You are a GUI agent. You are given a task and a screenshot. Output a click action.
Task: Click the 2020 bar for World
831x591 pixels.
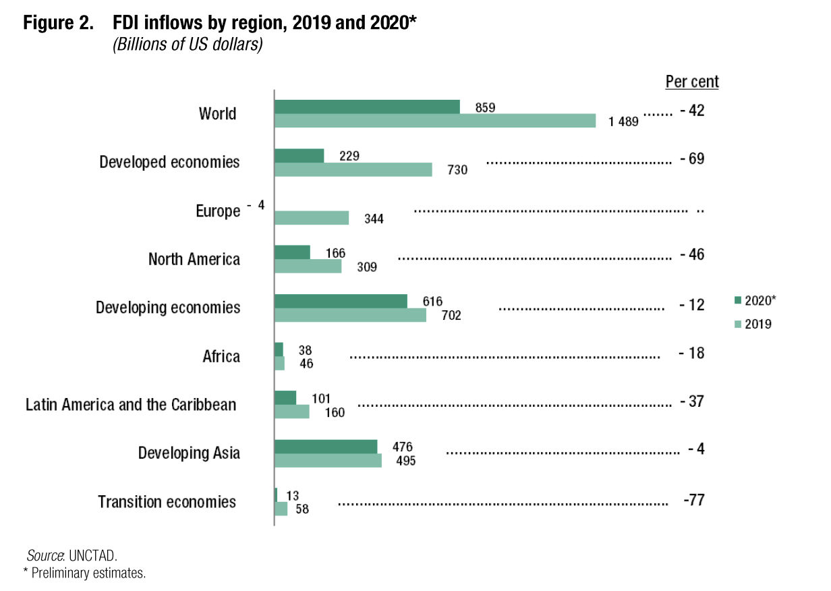(367, 107)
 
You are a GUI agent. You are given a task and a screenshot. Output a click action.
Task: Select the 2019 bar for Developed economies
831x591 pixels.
(353, 169)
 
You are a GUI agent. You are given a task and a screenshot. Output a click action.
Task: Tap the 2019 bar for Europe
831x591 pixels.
(312, 218)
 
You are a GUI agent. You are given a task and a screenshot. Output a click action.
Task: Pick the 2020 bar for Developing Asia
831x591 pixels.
(326, 447)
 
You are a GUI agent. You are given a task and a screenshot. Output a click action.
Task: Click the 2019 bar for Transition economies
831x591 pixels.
(281, 509)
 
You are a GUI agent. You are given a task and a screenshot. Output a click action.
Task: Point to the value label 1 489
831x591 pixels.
(623, 122)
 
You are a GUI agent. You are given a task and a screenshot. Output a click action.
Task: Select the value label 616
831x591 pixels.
(432, 302)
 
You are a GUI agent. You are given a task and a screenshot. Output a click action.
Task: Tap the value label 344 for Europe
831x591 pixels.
(373, 219)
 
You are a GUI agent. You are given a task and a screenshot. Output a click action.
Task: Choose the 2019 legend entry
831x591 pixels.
(754, 324)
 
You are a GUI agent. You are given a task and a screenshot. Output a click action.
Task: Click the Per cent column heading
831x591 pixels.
(692, 82)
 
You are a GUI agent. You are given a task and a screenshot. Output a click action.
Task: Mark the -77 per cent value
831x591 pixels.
(694, 501)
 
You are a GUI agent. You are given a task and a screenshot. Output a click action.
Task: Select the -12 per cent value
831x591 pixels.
(693, 305)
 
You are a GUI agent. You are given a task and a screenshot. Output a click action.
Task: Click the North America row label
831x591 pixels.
(194, 260)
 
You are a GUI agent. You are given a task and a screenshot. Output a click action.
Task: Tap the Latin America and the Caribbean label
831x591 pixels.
(131, 405)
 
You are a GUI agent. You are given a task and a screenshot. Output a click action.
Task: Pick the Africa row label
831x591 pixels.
(221, 356)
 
